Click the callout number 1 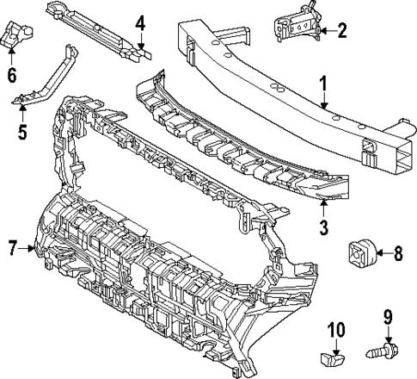(x=324, y=84)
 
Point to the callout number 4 (x=140, y=21)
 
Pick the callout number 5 (x=23, y=132)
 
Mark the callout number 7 (x=13, y=249)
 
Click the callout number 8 (x=397, y=253)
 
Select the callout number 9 (x=387, y=315)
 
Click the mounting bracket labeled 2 (x=297, y=26)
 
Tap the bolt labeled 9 (x=380, y=353)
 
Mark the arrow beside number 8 (x=381, y=253)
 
